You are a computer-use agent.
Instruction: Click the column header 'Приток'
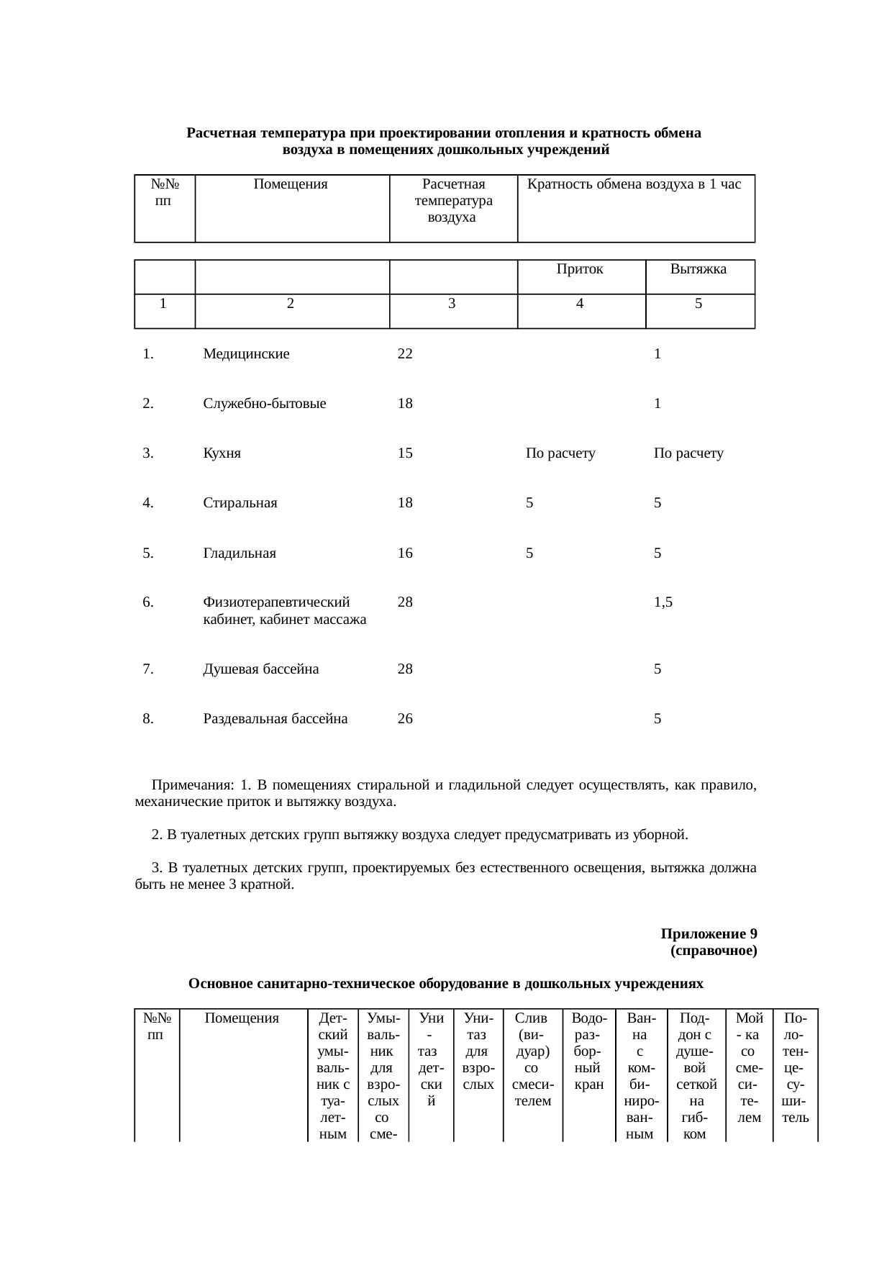[x=579, y=270]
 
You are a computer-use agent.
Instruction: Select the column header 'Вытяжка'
[x=698, y=270]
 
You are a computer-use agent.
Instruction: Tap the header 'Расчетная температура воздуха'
[x=453, y=201]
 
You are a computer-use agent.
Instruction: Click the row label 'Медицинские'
[x=246, y=354]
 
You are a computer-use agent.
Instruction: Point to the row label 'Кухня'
[x=222, y=454]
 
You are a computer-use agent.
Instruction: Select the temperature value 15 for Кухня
[x=405, y=454]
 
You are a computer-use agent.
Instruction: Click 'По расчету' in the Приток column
[x=560, y=454]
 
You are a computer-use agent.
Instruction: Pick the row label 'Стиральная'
[x=240, y=504]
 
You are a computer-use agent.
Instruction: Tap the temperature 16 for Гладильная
[x=405, y=553]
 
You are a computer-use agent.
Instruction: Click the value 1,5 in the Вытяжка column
[x=663, y=603]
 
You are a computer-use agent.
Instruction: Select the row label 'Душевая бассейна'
[x=261, y=669]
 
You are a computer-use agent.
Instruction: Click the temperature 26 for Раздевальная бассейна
[x=405, y=719]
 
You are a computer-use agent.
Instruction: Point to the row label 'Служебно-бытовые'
[x=265, y=404]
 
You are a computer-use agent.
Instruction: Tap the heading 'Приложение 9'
[x=708, y=934]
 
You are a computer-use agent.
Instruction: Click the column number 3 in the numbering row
[x=451, y=304]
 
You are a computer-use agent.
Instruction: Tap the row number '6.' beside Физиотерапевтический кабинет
[x=148, y=603]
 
